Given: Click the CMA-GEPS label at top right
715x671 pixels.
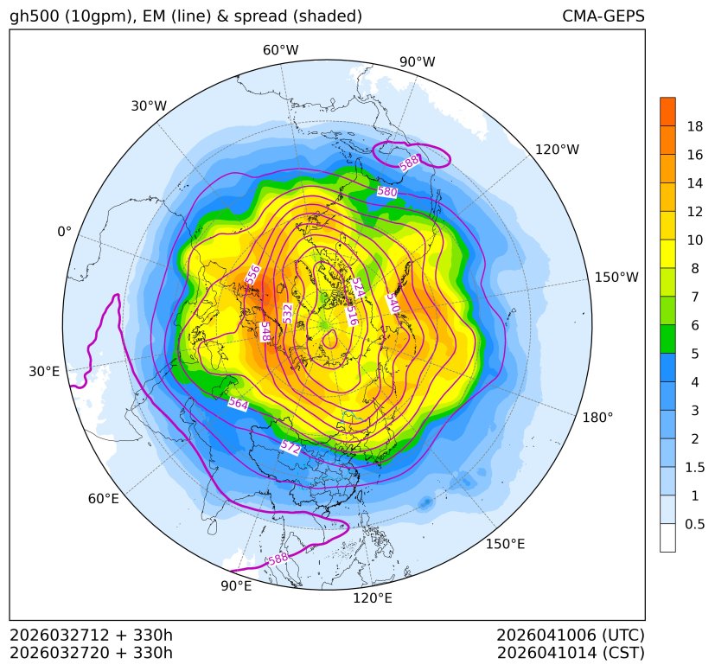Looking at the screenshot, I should [603, 16].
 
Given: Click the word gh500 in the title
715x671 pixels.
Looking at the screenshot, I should [34, 16].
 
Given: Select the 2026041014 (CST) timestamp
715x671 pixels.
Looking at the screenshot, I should [570, 652].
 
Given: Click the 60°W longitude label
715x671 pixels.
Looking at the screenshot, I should [280, 50].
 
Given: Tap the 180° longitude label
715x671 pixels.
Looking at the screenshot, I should [597, 417].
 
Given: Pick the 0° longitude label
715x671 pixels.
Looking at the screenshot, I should [64, 232].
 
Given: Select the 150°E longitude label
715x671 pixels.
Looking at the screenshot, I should [505, 544].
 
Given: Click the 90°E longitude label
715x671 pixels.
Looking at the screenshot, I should [236, 586].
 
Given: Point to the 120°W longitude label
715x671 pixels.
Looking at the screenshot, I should [557, 150].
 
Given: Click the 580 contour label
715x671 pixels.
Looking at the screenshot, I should [386, 191].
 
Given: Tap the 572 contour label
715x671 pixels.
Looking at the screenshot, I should [290, 447].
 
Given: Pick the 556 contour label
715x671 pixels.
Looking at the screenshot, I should [253, 275].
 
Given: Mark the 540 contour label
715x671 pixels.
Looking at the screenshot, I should [391, 303].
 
